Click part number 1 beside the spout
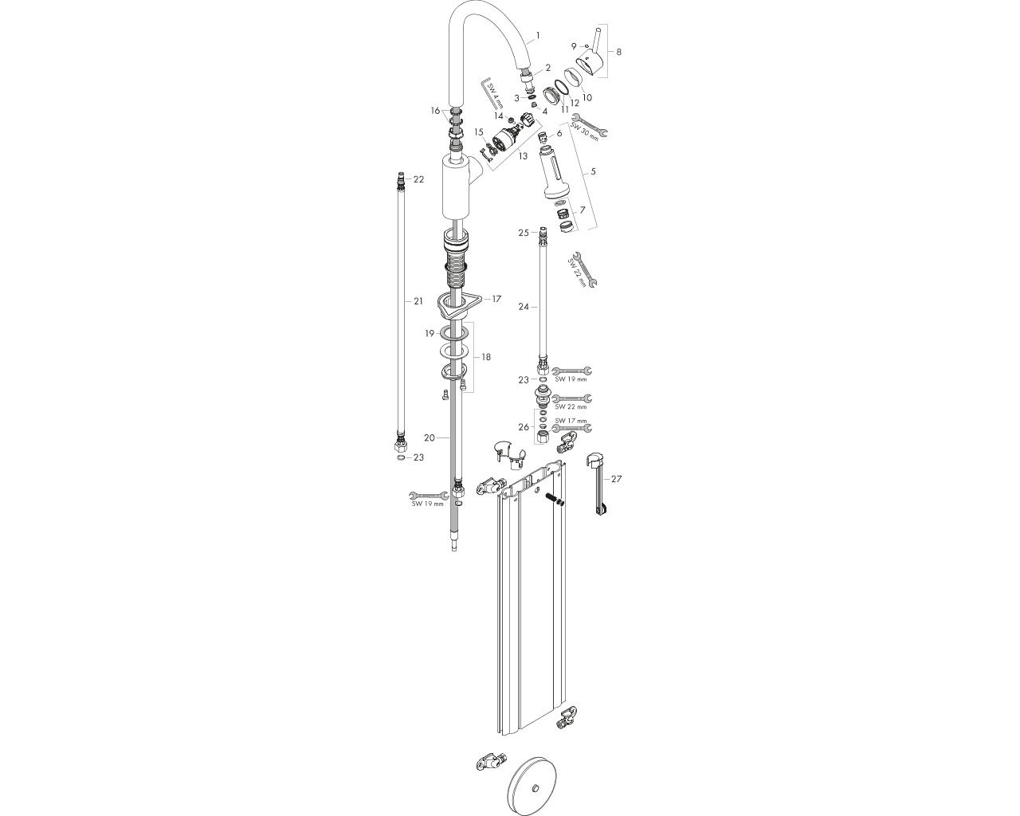coord(537,35)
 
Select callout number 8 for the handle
coord(618,52)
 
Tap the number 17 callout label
coord(496,299)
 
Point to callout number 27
coord(616,479)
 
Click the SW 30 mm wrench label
coord(584,132)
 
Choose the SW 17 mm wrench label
coord(571,421)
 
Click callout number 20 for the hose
coord(429,438)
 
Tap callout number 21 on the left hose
coord(418,301)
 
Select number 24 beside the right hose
coord(524,307)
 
